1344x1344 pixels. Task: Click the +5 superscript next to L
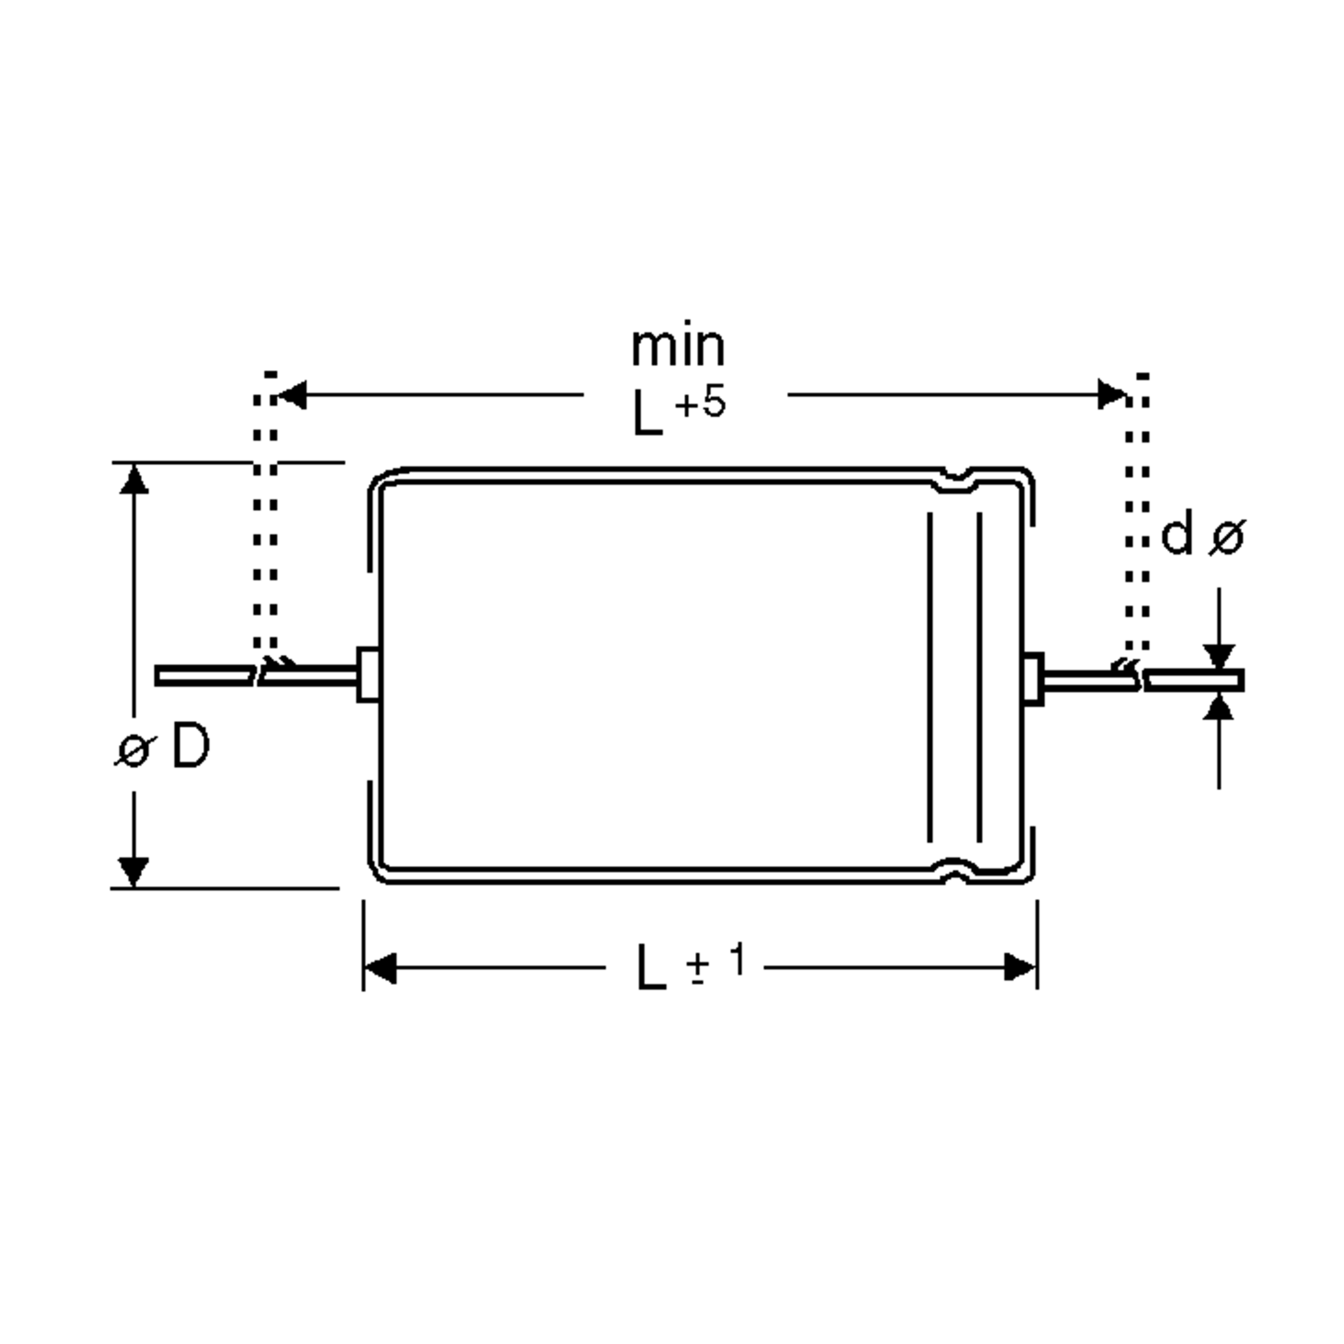coord(700,403)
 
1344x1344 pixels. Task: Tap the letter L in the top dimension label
coord(646,414)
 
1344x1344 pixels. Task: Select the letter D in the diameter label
coord(190,745)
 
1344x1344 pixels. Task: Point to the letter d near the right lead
coord(1177,534)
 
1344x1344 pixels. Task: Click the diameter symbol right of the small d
coord(1226,538)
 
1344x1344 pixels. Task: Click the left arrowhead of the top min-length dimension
coord(292,395)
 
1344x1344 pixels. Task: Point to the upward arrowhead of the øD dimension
coord(134,480)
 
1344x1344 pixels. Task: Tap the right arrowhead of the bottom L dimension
coord(1020,968)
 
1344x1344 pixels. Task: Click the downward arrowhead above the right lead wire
coord(1219,656)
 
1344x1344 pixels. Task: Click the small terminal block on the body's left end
coord(368,675)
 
